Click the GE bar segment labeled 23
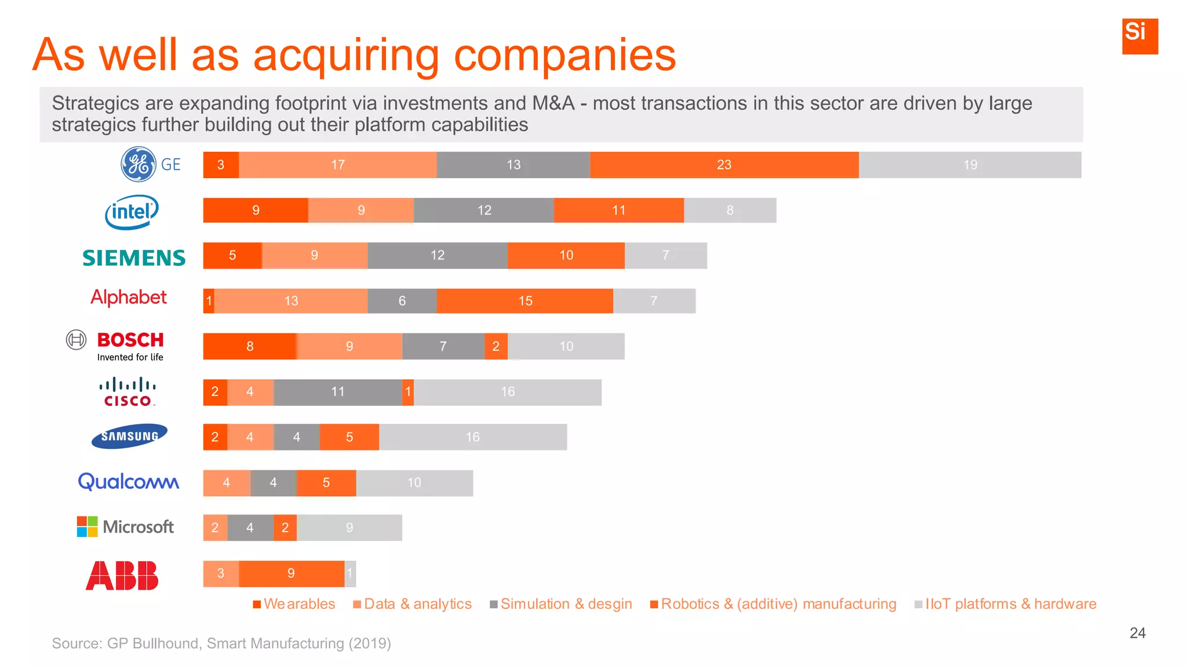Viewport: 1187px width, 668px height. (724, 165)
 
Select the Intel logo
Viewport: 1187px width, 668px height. (132, 212)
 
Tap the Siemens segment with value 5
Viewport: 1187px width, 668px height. (232, 255)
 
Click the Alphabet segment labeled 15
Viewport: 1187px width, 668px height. (525, 301)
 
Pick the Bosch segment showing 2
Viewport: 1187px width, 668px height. (496, 346)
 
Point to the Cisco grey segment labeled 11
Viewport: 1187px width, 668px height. (338, 392)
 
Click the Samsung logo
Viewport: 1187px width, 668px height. (129, 437)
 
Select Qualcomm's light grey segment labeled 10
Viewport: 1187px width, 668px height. (414, 482)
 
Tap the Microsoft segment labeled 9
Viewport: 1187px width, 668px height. (349, 528)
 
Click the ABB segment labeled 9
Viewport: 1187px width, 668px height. (292, 573)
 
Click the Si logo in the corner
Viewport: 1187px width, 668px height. (1139, 36)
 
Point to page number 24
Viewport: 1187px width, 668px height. (1137, 633)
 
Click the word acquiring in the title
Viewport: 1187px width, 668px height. (346, 56)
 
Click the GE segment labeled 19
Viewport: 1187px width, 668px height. (970, 165)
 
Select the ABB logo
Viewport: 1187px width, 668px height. (122, 575)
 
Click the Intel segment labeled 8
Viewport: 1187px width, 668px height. (730, 210)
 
